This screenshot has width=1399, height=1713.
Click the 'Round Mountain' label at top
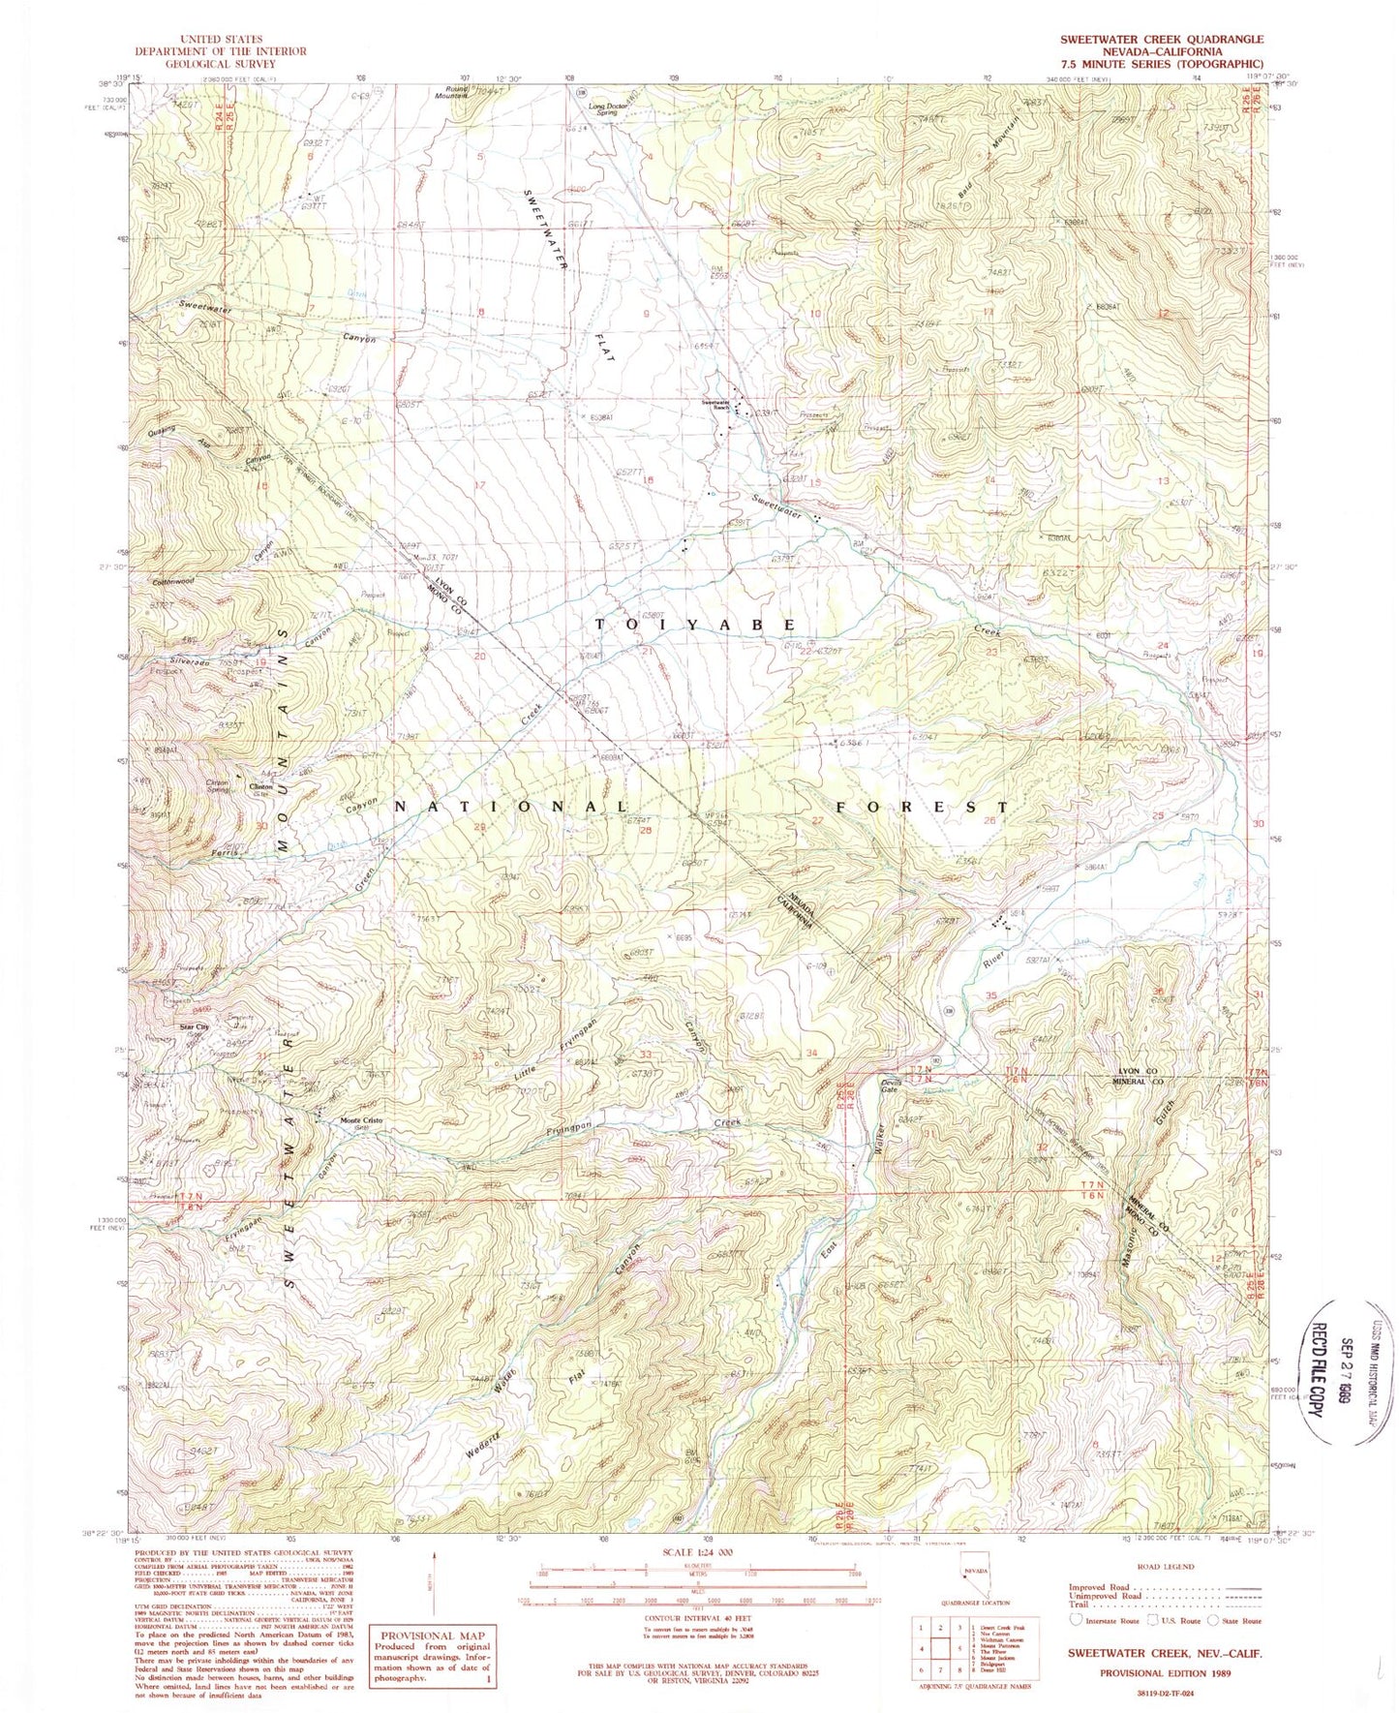click(449, 93)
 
